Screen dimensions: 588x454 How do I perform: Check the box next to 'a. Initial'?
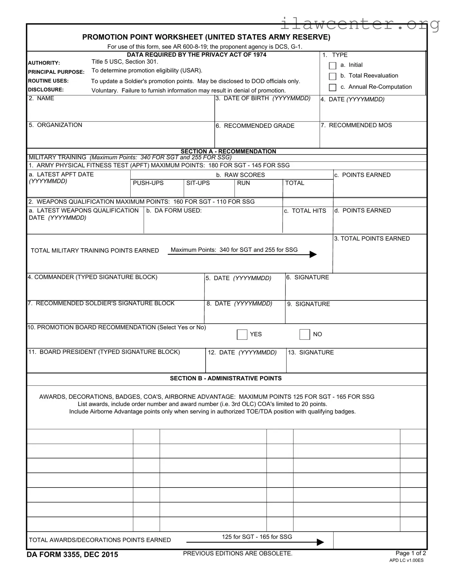(333, 66)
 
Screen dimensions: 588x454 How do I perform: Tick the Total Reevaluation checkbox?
(333, 76)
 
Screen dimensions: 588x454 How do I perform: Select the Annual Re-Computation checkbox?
(333, 87)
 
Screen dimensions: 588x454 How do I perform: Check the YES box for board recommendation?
(242, 335)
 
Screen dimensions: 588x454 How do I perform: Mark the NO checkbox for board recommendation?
(304, 335)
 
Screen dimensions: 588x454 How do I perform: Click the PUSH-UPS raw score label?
(148, 183)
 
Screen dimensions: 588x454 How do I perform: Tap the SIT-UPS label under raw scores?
(198, 183)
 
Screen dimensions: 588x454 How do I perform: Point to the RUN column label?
(243, 183)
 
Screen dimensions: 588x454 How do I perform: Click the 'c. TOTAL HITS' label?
(305, 211)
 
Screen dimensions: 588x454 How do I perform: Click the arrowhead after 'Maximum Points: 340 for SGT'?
(313, 254)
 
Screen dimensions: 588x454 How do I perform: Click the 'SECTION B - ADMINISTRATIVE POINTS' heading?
(226, 378)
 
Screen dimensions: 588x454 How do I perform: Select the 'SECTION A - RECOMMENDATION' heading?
(228, 151)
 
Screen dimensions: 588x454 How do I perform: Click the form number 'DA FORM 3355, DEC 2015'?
(72, 555)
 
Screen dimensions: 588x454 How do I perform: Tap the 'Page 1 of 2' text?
(411, 553)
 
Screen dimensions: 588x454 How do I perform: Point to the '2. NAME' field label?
(42, 99)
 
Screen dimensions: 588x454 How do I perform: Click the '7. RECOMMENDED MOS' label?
(356, 125)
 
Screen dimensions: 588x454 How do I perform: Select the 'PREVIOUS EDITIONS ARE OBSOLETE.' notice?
(237, 554)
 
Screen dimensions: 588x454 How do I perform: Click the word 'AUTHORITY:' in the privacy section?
(44, 63)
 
